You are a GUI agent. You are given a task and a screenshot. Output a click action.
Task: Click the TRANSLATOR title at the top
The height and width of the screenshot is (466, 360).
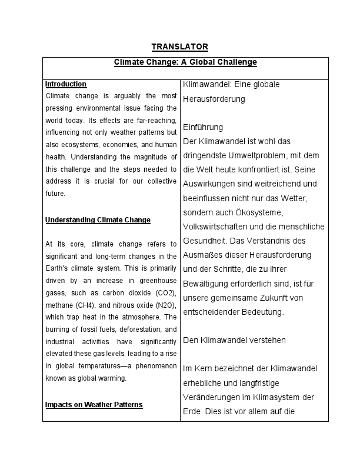click(179, 46)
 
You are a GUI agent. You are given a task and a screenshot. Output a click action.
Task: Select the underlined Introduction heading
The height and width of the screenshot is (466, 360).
click(66, 84)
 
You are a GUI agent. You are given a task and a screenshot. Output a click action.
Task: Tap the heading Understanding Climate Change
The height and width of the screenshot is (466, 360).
click(98, 220)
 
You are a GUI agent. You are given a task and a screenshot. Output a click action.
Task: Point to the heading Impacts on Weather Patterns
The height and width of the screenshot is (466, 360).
click(94, 405)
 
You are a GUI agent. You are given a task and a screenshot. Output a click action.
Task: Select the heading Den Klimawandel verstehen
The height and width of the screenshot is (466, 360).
click(226, 340)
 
